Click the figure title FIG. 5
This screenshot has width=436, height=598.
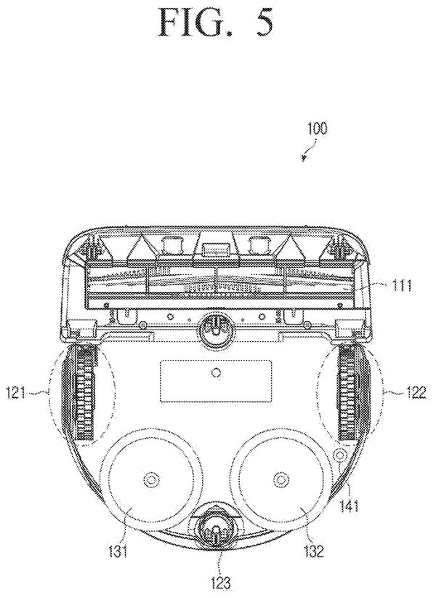point(216,22)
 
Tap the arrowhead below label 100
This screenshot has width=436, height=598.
point(303,158)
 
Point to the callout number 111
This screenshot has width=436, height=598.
point(399,286)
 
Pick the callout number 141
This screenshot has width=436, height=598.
point(347,506)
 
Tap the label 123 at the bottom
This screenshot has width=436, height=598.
point(220,582)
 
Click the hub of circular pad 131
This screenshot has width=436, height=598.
point(148,479)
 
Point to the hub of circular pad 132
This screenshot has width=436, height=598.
point(280,479)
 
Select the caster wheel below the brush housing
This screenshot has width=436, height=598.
point(214,326)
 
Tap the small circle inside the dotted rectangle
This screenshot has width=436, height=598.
point(217,372)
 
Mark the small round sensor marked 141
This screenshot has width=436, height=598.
point(339,454)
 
